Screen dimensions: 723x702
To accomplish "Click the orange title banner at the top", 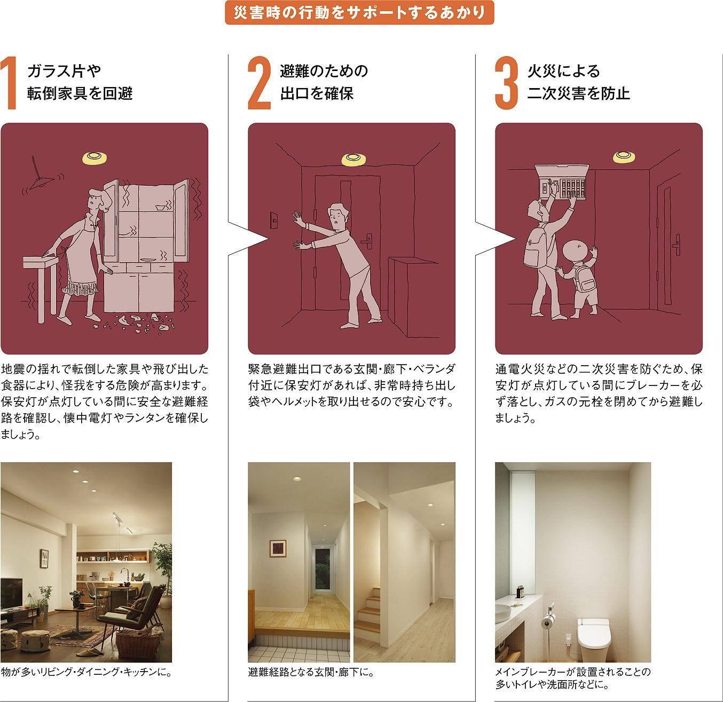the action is coord(359,13).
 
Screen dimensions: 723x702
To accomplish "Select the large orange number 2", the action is coord(259,83).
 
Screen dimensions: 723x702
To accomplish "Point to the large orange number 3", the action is coord(506,83).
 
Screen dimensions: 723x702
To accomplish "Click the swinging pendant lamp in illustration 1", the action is coord(42,178).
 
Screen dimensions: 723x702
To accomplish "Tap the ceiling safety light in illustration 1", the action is coord(95,158).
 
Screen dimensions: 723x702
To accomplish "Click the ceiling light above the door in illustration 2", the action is coord(353,159).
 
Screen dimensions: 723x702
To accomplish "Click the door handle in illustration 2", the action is coord(368,241).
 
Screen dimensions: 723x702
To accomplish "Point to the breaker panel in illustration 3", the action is coord(562,183).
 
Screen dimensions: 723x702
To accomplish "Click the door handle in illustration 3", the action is coord(677,244).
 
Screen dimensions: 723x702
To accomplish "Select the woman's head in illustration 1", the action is coord(99,201).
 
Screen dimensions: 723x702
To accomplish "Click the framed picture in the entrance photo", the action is coord(278,548).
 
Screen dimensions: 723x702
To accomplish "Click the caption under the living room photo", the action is coord(86,672).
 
